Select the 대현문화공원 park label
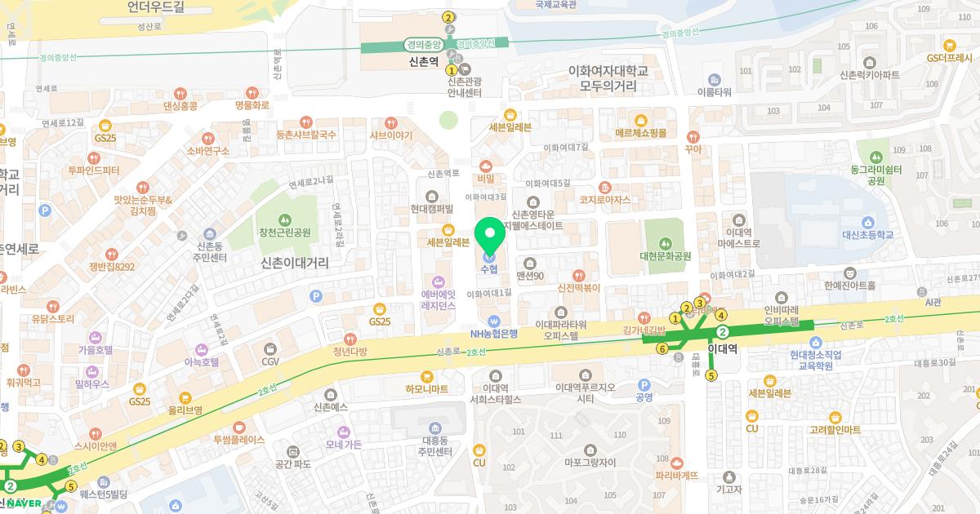666,256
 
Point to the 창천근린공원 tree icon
284,218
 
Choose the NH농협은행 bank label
493,334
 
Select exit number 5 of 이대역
711,376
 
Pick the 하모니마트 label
426,389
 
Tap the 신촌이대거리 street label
294,263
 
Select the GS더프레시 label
948,58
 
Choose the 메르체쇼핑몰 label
641,133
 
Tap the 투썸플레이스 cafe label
238,439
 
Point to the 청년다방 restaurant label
350,352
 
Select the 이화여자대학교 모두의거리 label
608,78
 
